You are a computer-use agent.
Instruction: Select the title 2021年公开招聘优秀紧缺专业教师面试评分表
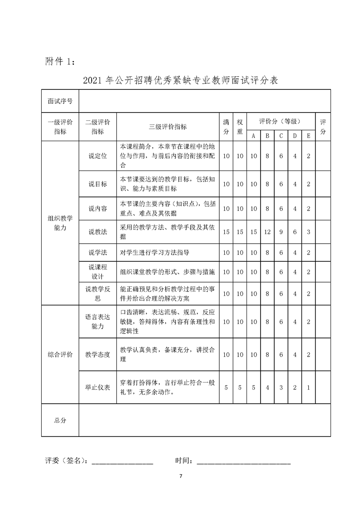[181, 81]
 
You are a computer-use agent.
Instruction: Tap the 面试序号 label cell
[60, 101]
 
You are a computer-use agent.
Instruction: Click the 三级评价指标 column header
[168, 127]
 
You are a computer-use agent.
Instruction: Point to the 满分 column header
[226, 127]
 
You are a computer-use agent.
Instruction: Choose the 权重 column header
[240, 127]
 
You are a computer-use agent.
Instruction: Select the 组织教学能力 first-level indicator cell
[60, 223]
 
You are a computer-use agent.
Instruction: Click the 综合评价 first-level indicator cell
[60, 354]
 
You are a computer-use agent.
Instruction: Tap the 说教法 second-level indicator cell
[98, 232]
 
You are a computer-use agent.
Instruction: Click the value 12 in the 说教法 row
[267, 232]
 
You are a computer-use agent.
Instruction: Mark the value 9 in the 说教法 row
[281, 232]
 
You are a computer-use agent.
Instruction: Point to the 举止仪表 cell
[98, 387]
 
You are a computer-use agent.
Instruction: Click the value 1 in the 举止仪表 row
[308, 387]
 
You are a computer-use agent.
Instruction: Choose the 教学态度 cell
[98, 354]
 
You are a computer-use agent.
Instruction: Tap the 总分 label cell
[60, 421]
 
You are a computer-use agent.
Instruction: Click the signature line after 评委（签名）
[123, 463]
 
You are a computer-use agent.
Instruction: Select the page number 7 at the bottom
[180, 476]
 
